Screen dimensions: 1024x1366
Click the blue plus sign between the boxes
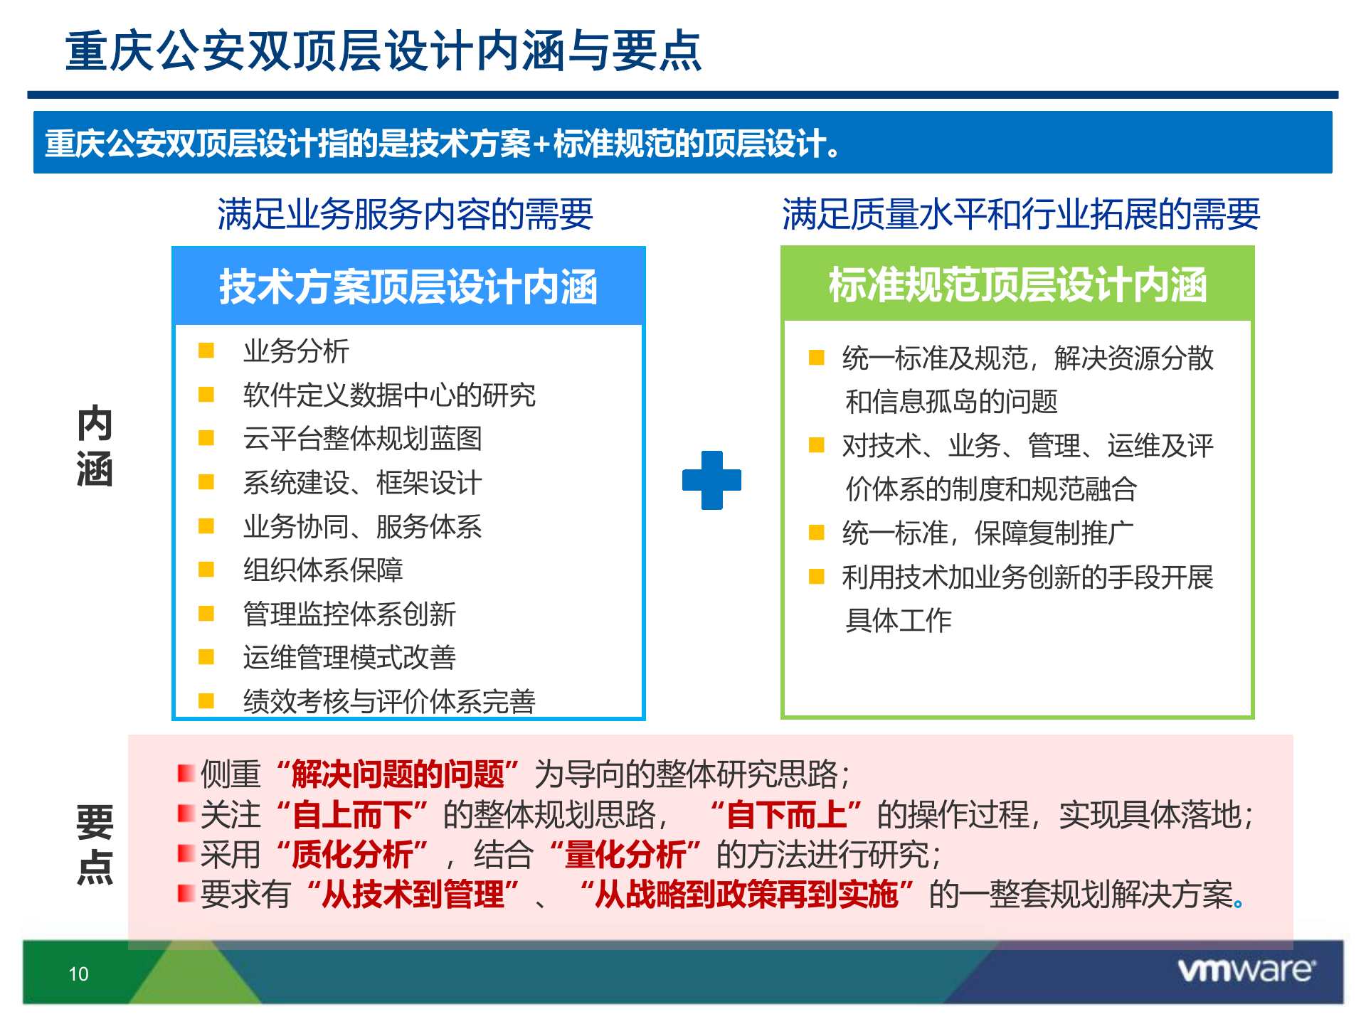(x=711, y=480)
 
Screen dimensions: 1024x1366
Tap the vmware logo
(x=1246, y=971)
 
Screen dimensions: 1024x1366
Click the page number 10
(x=78, y=974)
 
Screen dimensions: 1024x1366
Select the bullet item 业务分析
(x=296, y=351)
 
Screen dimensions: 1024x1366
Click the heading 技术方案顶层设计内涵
(x=408, y=287)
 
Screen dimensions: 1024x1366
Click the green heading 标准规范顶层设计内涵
(x=1017, y=284)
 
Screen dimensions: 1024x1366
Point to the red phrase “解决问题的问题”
(x=398, y=774)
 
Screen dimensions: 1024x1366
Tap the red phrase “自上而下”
(x=352, y=814)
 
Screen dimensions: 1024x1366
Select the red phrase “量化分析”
(x=625, y=854)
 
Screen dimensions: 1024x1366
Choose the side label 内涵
(x=95, y=446)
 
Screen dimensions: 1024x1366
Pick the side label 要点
(x=95, y=844)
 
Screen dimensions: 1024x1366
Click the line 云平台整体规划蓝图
(x=362, y=439)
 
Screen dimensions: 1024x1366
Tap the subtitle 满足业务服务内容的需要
(x=405, y=214)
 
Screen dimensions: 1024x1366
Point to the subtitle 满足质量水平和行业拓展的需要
(x=1021, y=214)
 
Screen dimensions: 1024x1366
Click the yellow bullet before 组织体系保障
(x=206, y=568)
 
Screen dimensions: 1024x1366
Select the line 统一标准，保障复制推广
(x=988, y=533)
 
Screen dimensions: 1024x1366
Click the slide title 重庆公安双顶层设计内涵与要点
(x=383, y=51)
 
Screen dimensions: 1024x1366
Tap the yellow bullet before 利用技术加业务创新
(x=816, y=576)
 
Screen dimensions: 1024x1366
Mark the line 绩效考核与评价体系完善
(x=388, y=701)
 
